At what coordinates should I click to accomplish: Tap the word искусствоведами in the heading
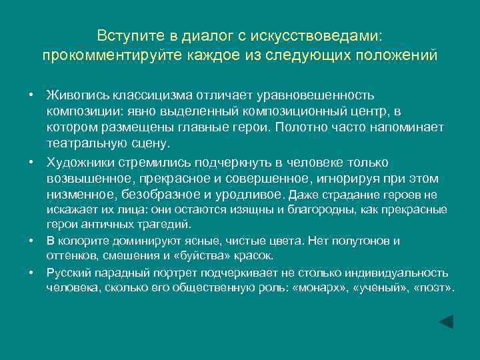point(319,35)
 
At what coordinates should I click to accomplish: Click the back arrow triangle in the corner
point(446,321)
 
